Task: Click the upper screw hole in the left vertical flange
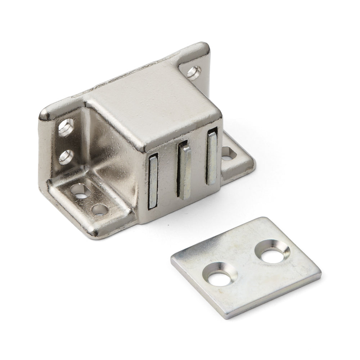point(67,127)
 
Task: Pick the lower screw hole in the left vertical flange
point(66,156)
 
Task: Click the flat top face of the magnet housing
point(151,101)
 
